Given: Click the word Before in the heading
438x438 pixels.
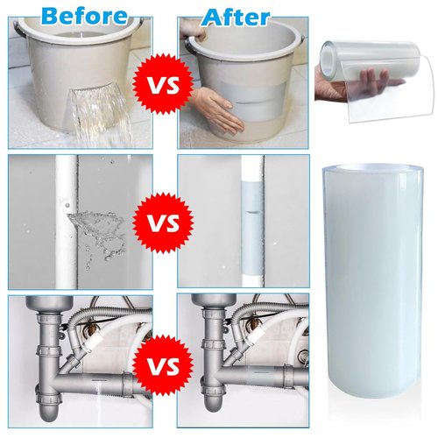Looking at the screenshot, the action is coord(84,16).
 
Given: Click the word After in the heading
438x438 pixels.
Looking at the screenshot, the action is coord(236,17).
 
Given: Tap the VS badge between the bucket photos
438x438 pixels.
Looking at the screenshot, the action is coord(163,85).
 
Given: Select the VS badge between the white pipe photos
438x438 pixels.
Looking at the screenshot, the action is coord(163,223).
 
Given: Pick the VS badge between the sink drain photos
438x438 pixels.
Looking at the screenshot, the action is coord(163,365).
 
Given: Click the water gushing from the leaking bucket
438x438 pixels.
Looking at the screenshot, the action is coord(99,114).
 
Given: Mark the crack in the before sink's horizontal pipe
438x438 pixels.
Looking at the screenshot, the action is coord(97,380).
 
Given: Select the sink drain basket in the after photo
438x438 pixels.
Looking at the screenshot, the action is coord(214,302).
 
